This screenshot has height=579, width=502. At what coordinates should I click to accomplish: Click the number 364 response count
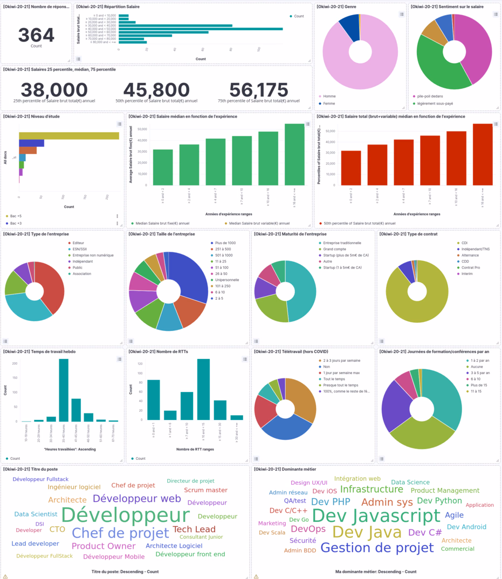coord(36,35)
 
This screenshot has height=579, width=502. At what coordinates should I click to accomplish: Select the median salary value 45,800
coord(156,90)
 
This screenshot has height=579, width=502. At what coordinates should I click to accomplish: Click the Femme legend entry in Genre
coord(328,104)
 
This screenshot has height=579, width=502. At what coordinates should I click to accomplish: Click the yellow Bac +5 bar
coord(68,136)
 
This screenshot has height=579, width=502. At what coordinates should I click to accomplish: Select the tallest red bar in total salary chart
coord(483,154)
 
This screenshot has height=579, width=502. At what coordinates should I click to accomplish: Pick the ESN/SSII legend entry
coord(80,249)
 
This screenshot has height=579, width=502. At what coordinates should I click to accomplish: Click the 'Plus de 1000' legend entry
coord(224,243)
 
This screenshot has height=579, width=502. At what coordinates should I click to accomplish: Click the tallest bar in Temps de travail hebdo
coord(64,390)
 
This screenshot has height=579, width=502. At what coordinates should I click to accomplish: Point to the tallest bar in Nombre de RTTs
coord(203,389)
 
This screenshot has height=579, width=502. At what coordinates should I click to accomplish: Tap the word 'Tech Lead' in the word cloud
coord(194,529)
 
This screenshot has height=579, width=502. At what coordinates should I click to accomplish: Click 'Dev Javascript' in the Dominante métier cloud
coord(376,516)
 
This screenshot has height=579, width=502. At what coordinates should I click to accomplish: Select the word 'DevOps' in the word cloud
coord(308,529)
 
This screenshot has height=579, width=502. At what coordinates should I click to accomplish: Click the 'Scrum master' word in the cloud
coord(205,490)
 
